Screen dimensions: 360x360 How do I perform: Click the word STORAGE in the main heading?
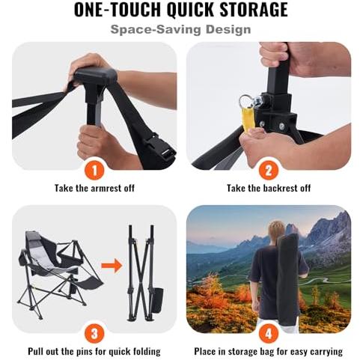(x=254, y=10)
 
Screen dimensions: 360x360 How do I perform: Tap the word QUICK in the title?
(x=191, y=10)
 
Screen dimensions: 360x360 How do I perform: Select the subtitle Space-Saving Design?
(x=180, y=29)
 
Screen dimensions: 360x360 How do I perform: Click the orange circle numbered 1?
(x=94, y=171)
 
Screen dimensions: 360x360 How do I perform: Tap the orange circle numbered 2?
(x=268, y=171)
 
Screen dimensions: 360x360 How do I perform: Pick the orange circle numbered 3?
(x=94, y=334)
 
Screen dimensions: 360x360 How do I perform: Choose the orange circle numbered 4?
(x=268, y=334)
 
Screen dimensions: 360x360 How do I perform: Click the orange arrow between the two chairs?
(x=112, y=266)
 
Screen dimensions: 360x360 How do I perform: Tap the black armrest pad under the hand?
(x=96, y=75)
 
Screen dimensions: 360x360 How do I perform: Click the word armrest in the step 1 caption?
(x=107, y=188)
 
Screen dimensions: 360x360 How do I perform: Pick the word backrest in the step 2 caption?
(x=281, y=188)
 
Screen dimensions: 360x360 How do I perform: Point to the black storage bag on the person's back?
(x=287, y=279)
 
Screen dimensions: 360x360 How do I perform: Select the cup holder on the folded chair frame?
(x=157, y=300)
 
